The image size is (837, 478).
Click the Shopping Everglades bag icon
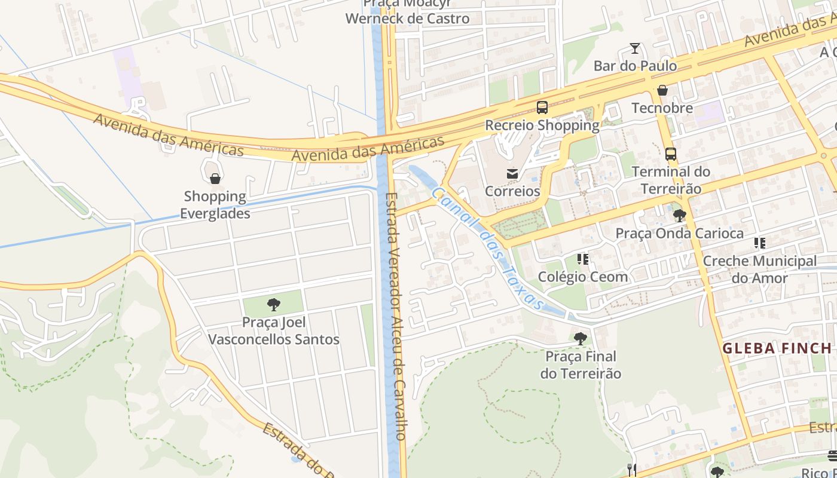click(215, 179)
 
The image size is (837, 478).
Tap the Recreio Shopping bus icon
click(542, 108)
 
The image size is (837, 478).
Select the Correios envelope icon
click(512, 174)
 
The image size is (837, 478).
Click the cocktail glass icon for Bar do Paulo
click(635, 48)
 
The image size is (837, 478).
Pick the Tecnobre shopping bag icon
click(662, 90)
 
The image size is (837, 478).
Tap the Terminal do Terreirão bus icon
click(671, 154)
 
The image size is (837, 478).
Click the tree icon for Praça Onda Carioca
click(679, 215)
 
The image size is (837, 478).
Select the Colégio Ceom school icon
click(583, 259)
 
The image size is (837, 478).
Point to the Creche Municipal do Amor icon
click(760, 243)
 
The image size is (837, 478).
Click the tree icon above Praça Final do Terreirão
click(580, 339)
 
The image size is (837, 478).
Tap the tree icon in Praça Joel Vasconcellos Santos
click(274, 305)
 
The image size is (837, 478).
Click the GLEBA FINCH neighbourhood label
click(777, 348)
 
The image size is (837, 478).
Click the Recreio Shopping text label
click(542, 125)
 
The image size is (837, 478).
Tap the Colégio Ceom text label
click(583, 277)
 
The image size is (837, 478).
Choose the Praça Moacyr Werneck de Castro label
click(408, 12)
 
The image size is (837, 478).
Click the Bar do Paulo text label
click(635, 66)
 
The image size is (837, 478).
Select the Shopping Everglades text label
click(215, 205)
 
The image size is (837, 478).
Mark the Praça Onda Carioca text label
click(680, 233)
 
